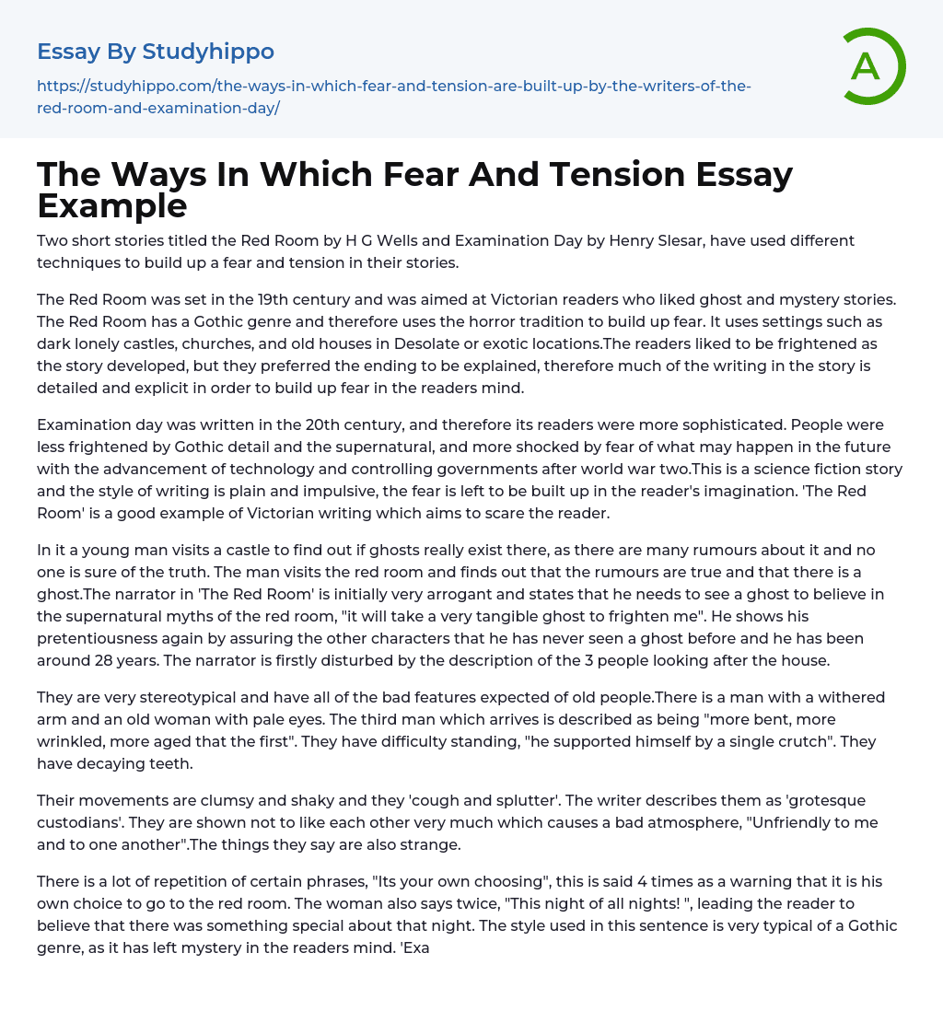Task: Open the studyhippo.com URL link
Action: click(x=394, y=97)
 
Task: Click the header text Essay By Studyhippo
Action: click(x=156, y=52)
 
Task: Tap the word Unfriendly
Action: click(x=749, y=822)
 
